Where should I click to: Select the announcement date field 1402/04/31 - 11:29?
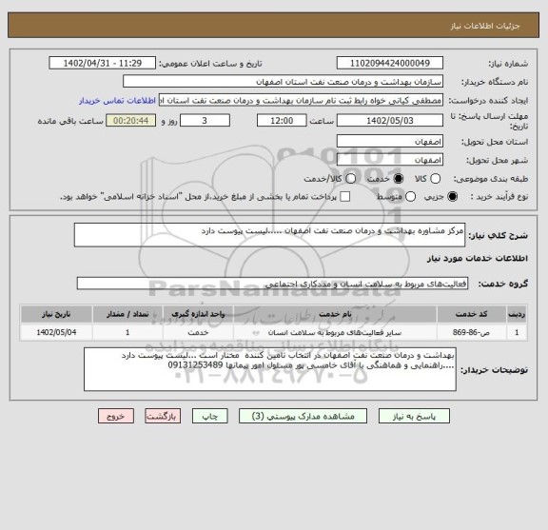coord(108,63)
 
